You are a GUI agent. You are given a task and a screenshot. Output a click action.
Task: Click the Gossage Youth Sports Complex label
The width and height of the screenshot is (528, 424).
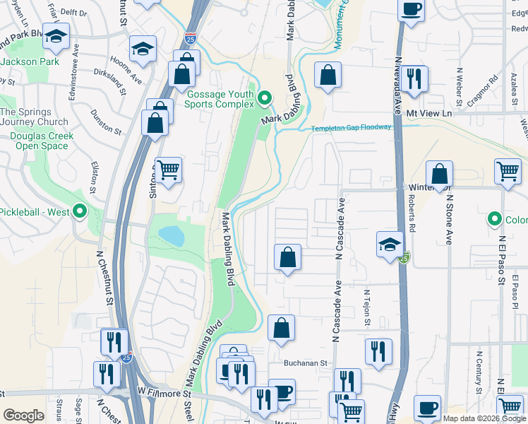pos(219,99)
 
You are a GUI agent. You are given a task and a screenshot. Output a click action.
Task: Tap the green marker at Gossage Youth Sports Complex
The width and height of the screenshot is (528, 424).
pos(265,98)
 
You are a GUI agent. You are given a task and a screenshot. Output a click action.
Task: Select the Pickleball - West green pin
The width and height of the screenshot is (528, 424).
pos(80,211)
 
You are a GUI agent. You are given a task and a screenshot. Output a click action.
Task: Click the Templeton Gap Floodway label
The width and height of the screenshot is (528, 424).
pos(352,128)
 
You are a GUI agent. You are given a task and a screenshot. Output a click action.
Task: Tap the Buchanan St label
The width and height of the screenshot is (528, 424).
pos(307,363)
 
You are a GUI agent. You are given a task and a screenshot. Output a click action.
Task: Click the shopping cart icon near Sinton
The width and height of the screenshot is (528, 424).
pos(167,170)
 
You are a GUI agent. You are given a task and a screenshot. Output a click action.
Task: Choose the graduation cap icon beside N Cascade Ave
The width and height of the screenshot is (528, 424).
pos(389,245)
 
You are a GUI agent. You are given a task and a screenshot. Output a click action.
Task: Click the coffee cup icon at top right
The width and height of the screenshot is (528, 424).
pos(411,10)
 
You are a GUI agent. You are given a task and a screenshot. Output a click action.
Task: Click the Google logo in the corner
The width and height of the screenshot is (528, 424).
pos(23,416)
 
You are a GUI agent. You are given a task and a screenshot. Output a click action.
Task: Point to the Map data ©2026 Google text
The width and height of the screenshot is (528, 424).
pos(484,418)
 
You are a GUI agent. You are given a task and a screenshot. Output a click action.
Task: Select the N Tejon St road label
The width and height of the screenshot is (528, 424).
pos(367,308)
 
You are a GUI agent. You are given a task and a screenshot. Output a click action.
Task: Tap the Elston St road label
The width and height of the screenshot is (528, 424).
pos(94,177)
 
